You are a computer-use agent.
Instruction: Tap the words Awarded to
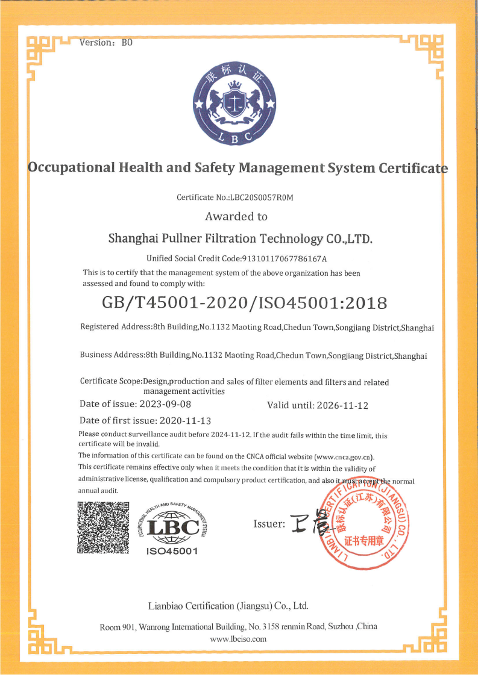point(236,216)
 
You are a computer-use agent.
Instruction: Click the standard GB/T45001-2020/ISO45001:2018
point(244,302)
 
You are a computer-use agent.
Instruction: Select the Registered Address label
point(115,327)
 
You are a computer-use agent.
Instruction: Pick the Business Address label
point(112,355)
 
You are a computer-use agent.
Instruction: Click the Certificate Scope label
point(110,382)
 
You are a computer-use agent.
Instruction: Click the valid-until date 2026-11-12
point(341,405)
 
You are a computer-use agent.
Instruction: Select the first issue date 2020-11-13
point(185,420)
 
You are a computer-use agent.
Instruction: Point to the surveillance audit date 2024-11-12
point(230,435)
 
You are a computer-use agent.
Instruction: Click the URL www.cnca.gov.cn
point(345,456)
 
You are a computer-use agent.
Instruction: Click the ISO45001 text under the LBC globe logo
point(172,551)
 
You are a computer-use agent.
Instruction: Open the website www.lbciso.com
point(238,639)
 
